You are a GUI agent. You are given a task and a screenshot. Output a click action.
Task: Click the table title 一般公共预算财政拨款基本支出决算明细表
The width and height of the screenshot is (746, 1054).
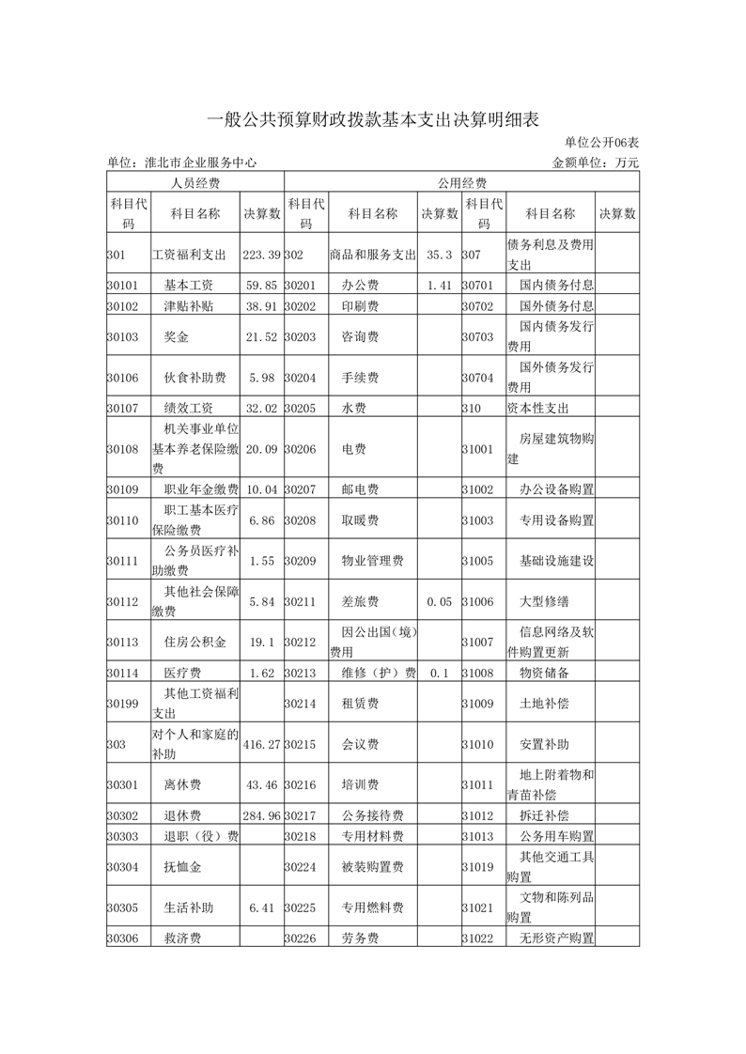(x=373, y=119)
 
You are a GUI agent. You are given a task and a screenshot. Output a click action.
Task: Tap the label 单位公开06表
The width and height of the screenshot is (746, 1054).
(x=601, y=143)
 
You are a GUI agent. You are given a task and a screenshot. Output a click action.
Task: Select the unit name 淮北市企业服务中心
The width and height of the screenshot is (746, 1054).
(x=182, y=163)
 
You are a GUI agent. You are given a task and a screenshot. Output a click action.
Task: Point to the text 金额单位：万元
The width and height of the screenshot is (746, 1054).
(x=596, y=163)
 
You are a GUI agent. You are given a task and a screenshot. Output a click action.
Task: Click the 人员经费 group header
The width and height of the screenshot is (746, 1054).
(x=194, y=182)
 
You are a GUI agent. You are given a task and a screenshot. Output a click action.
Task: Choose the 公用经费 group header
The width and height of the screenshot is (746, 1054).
(x=460, y=182)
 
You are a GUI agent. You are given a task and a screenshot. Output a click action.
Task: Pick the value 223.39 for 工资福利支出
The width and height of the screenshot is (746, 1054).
(x=261, y=255)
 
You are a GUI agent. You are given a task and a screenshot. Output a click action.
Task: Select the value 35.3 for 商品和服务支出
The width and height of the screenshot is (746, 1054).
(x=440, y=255)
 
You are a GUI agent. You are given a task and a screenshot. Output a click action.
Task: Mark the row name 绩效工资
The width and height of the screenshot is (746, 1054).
(x=188, y=409)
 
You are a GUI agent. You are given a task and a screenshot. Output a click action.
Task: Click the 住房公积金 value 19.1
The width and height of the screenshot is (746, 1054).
(x=261, y=643)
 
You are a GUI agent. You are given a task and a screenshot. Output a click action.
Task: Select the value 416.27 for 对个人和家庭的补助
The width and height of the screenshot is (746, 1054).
(x=261, y=744)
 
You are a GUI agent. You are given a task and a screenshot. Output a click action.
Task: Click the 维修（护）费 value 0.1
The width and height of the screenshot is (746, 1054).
(x=440, y=674)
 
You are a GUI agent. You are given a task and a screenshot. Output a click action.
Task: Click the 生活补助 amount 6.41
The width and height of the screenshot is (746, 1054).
(x=261, y=908)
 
